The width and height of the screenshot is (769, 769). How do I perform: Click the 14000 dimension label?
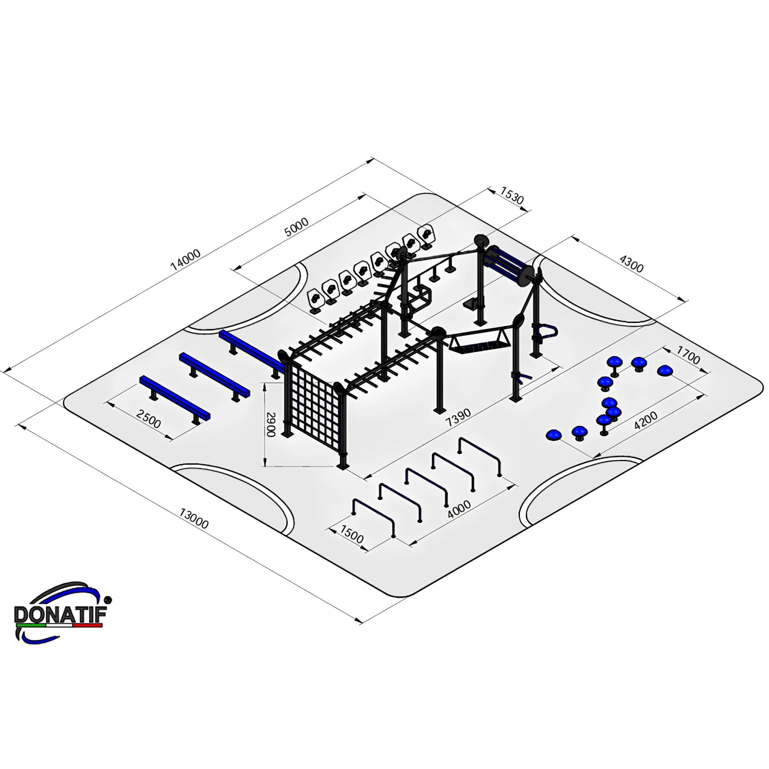pos(186,260)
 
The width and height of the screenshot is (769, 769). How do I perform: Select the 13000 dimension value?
pos(194,518)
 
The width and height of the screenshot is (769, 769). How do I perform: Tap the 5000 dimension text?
pos(296,227)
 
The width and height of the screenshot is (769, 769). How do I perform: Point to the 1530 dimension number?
pos(512,196)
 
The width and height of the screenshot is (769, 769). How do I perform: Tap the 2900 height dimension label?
pos(271,424)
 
